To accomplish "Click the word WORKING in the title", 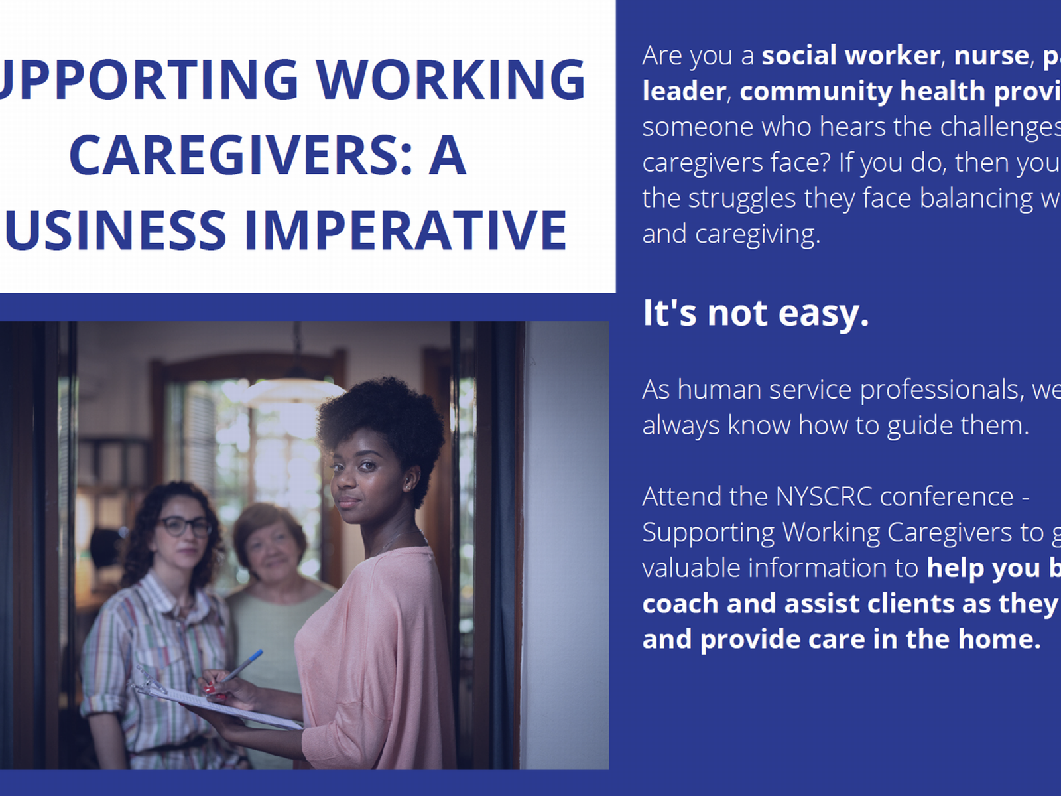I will coord(451,80).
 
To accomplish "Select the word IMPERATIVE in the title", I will coord(406,232).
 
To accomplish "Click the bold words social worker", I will coord(851,56).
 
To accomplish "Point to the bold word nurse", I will coord(991,56).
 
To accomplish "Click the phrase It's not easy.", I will coord(755,313).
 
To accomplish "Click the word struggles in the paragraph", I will coord(741,198).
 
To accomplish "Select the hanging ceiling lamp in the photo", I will coord(298,385).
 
